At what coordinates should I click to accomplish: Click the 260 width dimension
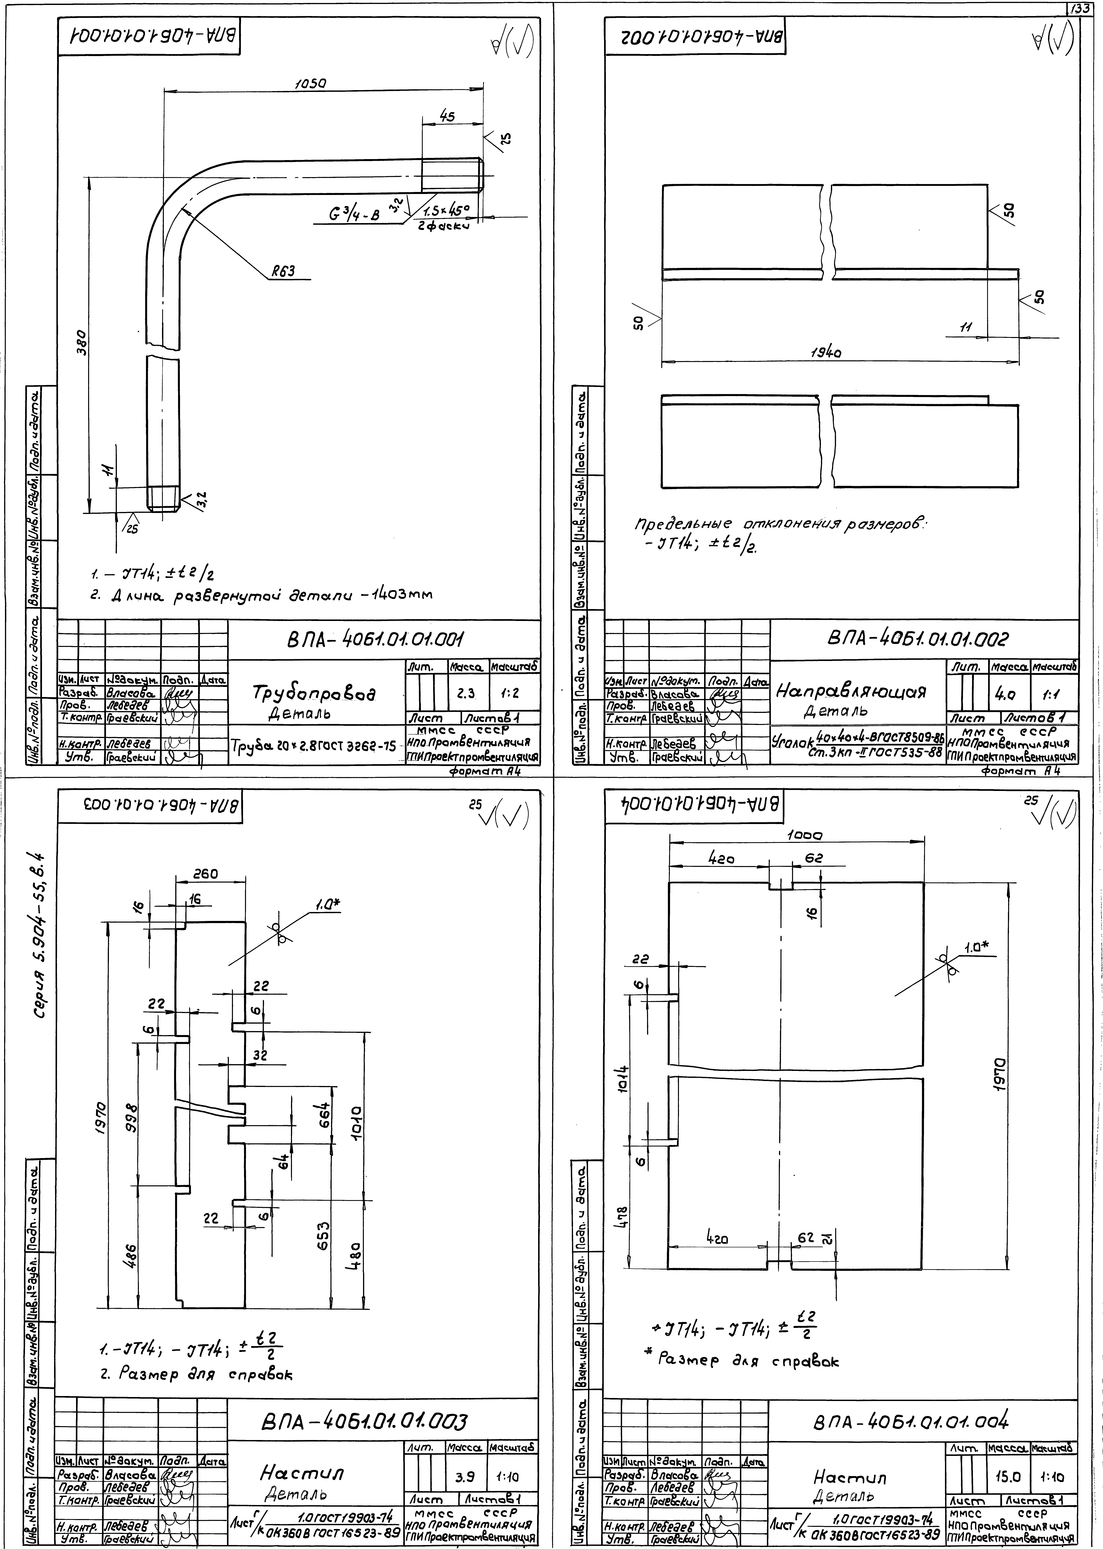[205, 874]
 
